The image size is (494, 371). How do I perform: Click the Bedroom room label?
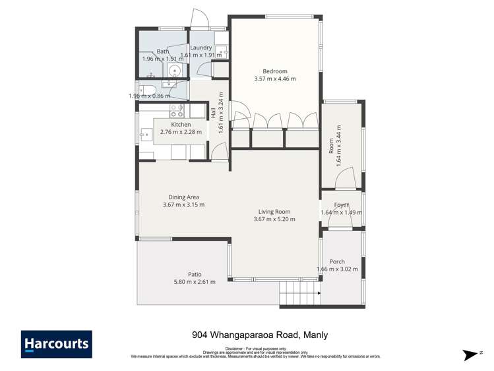coord(275,71)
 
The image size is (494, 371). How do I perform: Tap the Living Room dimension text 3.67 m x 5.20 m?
coord(272,220)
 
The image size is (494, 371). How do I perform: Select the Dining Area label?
coord(183,197)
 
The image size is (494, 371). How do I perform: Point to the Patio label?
coord(194,274)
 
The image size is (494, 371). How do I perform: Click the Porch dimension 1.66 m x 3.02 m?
coord(337,269)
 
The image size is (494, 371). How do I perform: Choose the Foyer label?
coord(341,205)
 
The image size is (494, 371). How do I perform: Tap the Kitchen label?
coord(181,124)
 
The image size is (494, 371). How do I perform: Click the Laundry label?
coord(201,48)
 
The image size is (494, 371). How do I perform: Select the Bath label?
coord(163,51)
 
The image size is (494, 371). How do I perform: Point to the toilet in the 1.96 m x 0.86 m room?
coord(150,90)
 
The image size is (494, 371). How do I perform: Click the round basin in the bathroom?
coord(175,71)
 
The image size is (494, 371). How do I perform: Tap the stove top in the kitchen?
coord(177,110)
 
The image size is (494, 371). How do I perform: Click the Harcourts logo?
coord(57,344)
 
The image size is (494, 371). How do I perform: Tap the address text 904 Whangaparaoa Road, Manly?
coord(259,335)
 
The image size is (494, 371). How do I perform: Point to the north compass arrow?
coord(471,354)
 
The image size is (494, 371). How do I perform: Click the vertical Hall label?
coord(214,113)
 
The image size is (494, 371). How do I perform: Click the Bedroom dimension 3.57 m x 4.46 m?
coord(275,79)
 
